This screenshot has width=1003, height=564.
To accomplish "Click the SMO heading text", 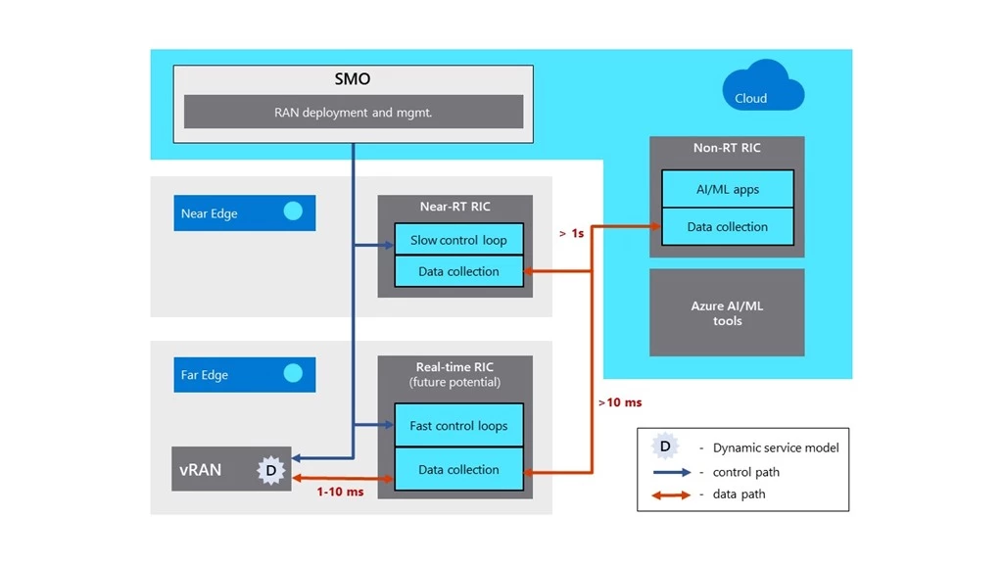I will click(354, 78).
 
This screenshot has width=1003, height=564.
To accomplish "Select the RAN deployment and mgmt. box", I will click(354, 112).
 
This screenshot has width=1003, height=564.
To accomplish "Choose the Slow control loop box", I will click(458, 240).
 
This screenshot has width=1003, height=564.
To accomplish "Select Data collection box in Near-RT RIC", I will click(458, 271).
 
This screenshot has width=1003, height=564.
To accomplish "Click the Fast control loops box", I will click(458, 426).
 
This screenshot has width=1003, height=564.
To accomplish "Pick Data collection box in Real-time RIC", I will click(458, 469).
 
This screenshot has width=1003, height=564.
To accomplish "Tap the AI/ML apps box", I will click(727, 189).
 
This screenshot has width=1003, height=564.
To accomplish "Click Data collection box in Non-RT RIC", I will click(727, 226).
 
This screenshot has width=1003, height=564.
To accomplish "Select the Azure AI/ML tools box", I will click(727, 313).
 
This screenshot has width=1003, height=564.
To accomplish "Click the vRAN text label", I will click(201, 469).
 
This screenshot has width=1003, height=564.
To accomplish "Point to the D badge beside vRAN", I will click(270, 470).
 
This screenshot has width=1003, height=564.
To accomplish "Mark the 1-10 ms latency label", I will click(340, 492).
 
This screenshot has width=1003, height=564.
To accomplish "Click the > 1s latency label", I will click(571, 234).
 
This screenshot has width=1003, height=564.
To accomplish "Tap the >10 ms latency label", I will click(619, 401).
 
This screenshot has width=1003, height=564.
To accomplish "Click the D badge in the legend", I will click(665, 446).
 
